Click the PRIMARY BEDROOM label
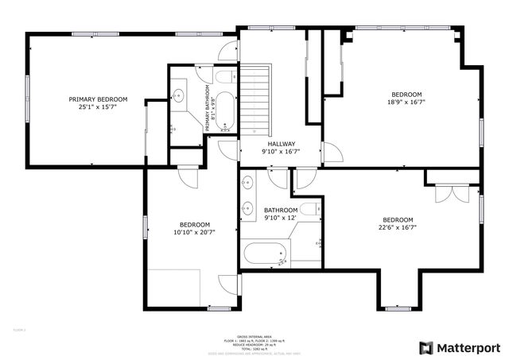(x=98, y=99)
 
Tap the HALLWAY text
(x=283, y=144)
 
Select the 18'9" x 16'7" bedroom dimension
(x=406, y=102)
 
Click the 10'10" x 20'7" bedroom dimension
(x=195, y=232)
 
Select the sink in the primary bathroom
(x=179, y=96)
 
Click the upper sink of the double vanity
(x=248, y=182)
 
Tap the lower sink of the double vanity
(x=248, y=210)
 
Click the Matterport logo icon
(x=427, y=347)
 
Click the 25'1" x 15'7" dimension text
(x=98, y=106)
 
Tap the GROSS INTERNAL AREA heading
(x=254, y=336)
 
